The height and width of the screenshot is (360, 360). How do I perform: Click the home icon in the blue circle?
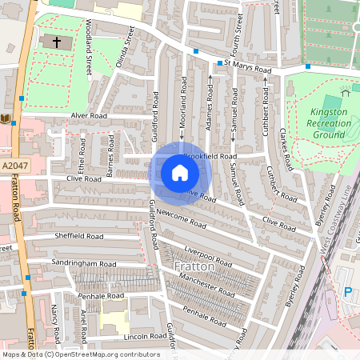tap(180, 173)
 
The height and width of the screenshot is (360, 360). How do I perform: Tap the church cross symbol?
tap(57, 42)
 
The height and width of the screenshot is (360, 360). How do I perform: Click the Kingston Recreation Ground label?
tap(329, 123)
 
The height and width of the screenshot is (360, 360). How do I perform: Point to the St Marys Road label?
tap(248, 66)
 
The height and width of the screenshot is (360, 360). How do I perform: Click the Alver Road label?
tap(89, 115)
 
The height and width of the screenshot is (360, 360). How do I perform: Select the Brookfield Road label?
tap(210, 156)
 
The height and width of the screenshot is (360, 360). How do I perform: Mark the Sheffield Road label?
tap(79, 237)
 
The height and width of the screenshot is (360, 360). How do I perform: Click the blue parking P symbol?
tap(347, 294)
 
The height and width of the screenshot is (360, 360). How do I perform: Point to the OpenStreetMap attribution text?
tap(81, 354)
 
